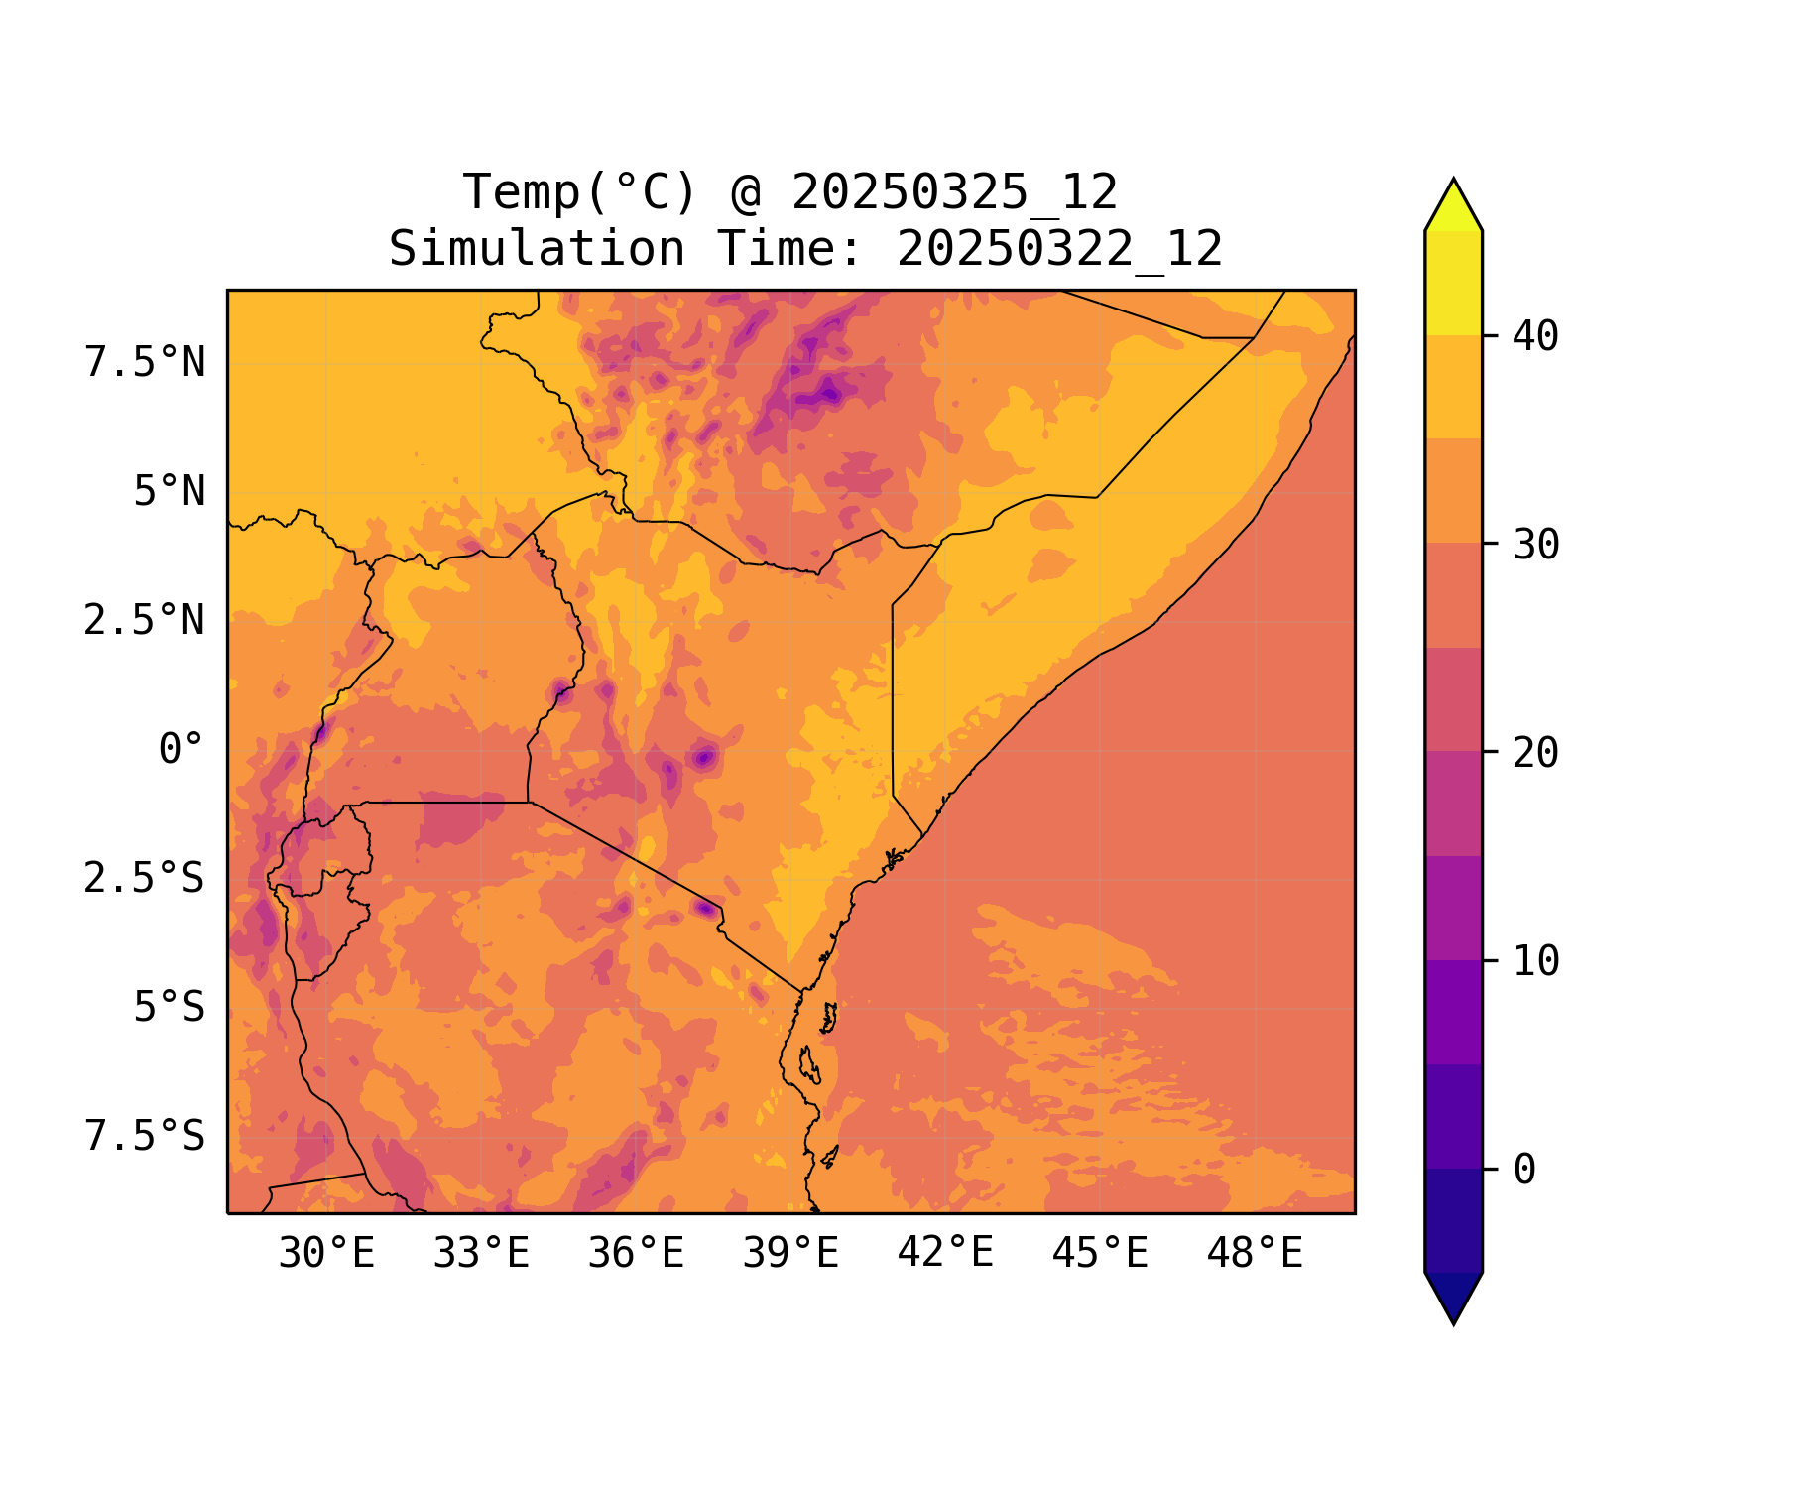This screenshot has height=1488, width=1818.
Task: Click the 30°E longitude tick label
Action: point(326,1254)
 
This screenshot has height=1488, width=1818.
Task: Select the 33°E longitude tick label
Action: point(481,1254)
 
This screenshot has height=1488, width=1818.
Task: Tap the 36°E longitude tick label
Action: point(636,1254)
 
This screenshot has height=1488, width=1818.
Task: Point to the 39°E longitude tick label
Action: point(790,1254)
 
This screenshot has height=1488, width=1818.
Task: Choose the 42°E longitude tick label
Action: point(945,1254)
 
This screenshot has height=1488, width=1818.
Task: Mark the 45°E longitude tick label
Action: point(1100,1254)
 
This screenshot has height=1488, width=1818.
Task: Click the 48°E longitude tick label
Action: point(1255,1254)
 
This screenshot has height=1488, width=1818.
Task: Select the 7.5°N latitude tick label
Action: point(145,363)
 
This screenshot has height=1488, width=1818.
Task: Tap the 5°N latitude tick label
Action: point(170,492)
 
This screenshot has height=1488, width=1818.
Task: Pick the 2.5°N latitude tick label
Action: point(145,621)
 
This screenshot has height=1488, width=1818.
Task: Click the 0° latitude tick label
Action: point(182,750)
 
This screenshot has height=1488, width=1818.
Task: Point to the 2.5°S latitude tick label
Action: point(145,879)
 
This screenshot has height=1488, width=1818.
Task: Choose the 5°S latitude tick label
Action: point(170,1008)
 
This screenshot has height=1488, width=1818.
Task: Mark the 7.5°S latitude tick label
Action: point(145,1137)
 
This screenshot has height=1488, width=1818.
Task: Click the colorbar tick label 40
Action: point(1536,336)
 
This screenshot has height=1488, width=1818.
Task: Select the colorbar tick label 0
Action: point(1524,1171)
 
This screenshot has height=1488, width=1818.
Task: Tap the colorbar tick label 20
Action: point(1536,753)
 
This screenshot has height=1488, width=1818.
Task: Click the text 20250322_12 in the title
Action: point(1059,249)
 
